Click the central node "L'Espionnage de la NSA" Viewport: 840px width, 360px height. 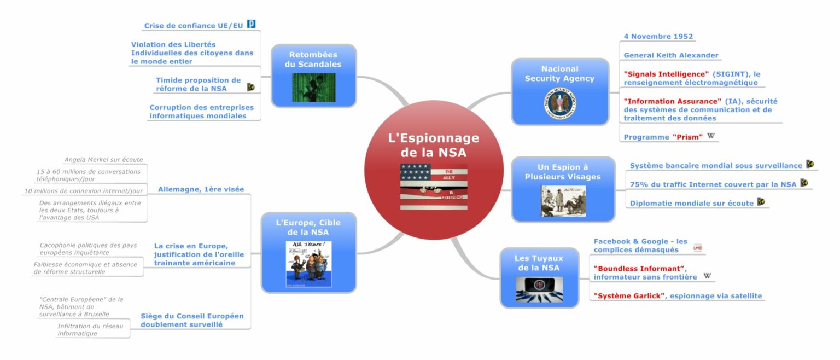tap(433, 144)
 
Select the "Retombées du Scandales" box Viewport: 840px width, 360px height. tap(313, 60)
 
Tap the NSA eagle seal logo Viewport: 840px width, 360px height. tap(559, 103)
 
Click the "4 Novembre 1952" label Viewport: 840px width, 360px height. tap(658, 37)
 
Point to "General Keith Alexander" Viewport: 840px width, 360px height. tap(670, 55)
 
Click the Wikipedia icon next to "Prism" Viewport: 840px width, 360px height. tap(711, 136)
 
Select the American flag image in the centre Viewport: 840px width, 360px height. tap(434, 187)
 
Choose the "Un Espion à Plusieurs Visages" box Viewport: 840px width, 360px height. tap(563, 171)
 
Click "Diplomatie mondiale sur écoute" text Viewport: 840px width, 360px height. tap(691, 204)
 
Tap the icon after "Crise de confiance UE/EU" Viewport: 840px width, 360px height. tap(252, 24)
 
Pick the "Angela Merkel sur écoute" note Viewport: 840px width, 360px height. tap(103, 160)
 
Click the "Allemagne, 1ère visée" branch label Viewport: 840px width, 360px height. tap(201, 189)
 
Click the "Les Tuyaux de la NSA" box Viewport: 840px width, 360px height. tap(539, 263)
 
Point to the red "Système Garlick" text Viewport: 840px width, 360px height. tap(629, 296)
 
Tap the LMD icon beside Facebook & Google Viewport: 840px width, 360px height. tap(697, 248)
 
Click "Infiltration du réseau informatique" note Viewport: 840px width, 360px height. tap(90, 329)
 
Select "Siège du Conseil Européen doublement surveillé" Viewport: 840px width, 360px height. tap(192, 320)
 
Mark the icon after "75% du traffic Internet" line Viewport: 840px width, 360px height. tap(804, 183)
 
